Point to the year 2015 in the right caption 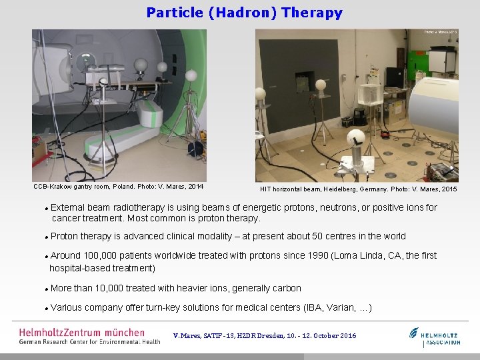coord(447,190)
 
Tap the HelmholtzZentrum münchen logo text coord(81,332)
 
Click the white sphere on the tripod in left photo coord(191,75)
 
